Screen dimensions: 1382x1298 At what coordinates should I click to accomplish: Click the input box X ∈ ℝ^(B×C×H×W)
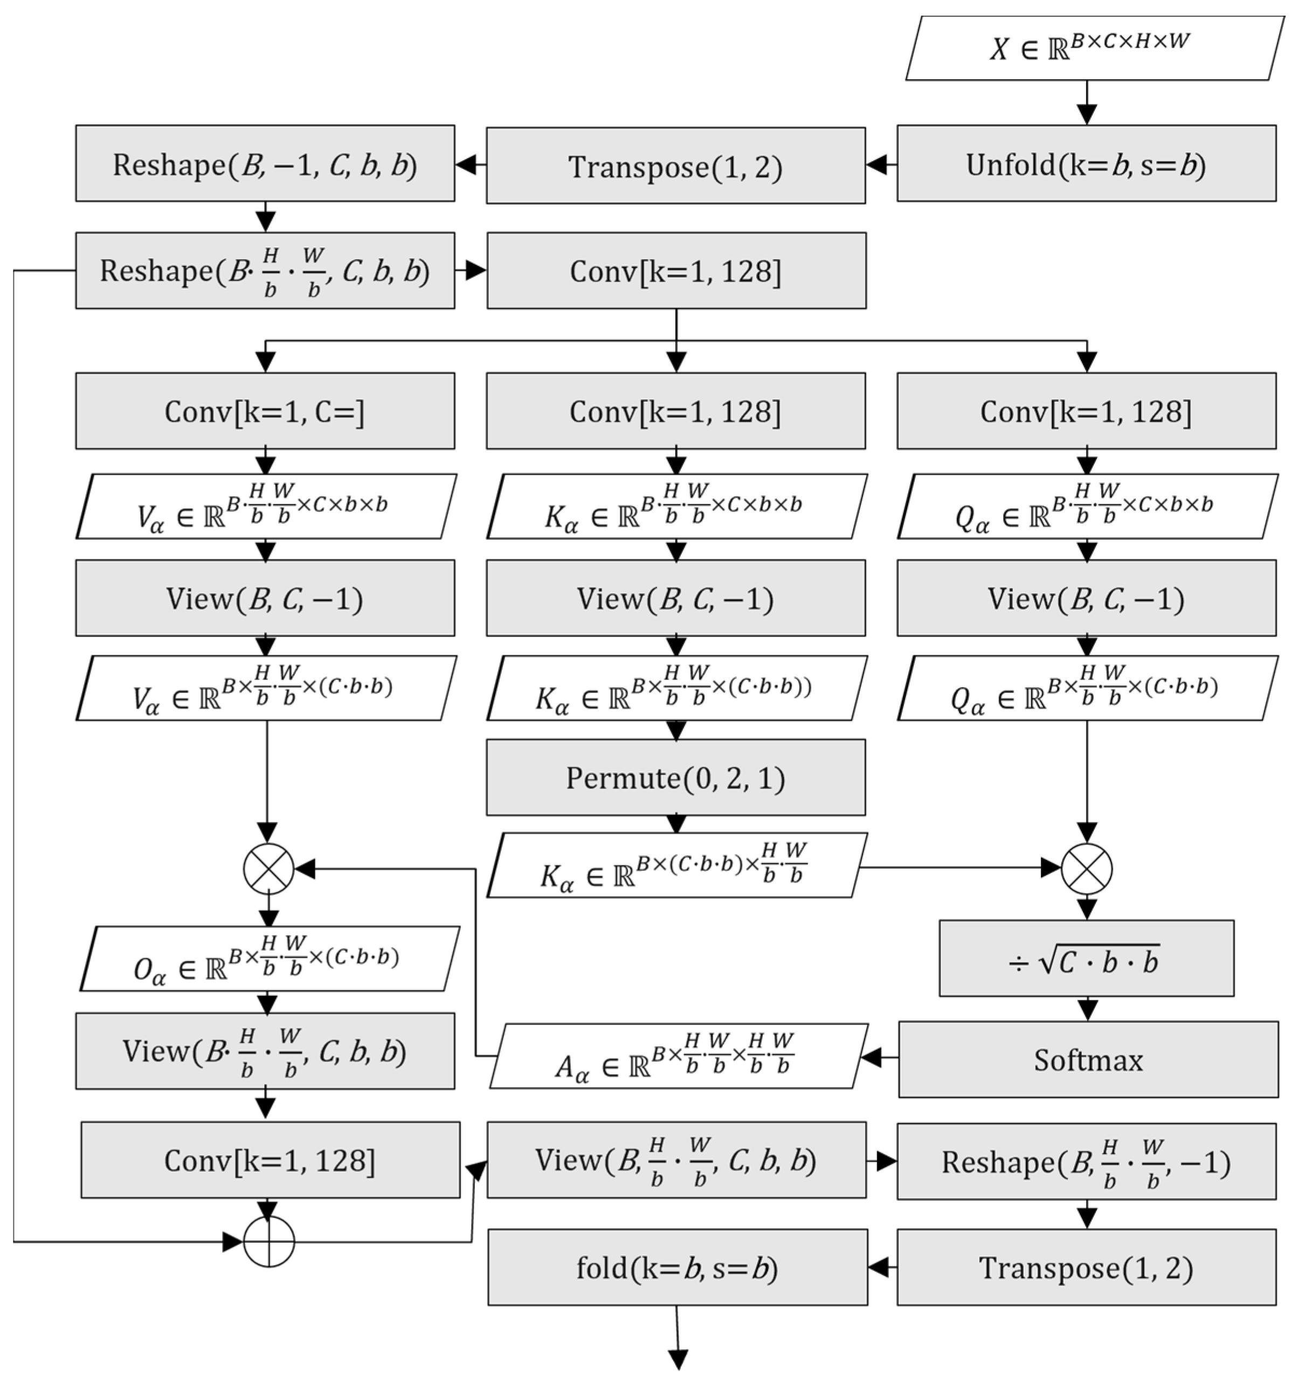coord(1094,49)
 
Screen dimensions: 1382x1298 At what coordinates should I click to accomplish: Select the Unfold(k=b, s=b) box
coord(1086,164)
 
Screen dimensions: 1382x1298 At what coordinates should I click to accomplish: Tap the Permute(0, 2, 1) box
coord(676,777)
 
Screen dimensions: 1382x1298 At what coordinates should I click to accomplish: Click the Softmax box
coord(1088,1060)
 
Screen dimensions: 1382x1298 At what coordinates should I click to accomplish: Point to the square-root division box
coord(1086,959)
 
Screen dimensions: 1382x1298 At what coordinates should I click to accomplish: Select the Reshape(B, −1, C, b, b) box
coord(265,164)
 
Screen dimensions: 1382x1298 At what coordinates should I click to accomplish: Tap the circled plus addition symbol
coord(269,1241)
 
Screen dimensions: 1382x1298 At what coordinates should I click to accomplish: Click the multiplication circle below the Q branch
coord(1087,869)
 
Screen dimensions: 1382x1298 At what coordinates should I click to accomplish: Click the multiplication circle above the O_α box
coord(269,869)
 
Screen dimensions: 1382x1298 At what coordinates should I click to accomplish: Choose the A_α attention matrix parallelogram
coord(678,1056)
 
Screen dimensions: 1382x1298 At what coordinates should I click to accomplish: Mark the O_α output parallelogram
coord(270,959)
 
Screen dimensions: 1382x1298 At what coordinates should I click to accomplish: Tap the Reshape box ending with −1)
coord(1086,1161)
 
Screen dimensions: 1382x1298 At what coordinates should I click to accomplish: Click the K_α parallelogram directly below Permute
coord(676,866)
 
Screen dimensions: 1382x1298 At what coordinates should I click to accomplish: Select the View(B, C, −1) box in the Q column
coord(1086,598)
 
